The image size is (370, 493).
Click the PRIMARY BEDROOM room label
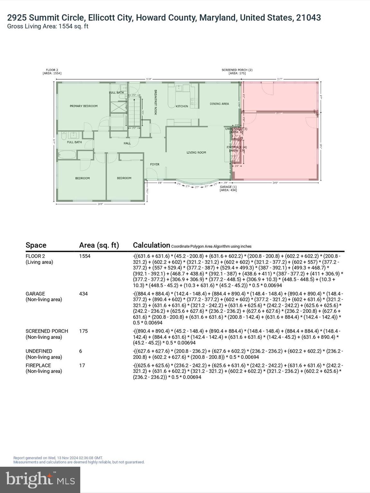[x=84, y=106]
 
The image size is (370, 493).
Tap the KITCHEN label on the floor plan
[x=182, y=106]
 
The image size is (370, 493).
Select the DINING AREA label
[x=219, y=104]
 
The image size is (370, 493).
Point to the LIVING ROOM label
[x=196, y=152]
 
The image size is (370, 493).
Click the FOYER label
[x=155, y=164]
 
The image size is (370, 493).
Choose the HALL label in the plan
[x=127, y=143]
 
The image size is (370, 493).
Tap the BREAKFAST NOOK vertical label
[x=155, y=102]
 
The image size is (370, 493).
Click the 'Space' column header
[x=36, y=245]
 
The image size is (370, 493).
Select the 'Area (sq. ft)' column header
[x=99, y=245]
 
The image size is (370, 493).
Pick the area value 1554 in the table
[x=85, y=256]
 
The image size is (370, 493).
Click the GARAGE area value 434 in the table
[x=83, y=294]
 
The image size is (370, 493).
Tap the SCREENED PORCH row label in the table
[x=47, y=331]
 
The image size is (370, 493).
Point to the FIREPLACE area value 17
[x=82, y=365]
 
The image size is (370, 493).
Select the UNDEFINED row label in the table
[x=39, y=351]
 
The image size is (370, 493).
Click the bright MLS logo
[x=40, y=480]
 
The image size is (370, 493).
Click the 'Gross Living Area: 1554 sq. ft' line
[x=48, y=26]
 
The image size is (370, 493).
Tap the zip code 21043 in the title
[x=308, y=18]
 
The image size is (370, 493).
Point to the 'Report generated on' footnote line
[x=58, y=458]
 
